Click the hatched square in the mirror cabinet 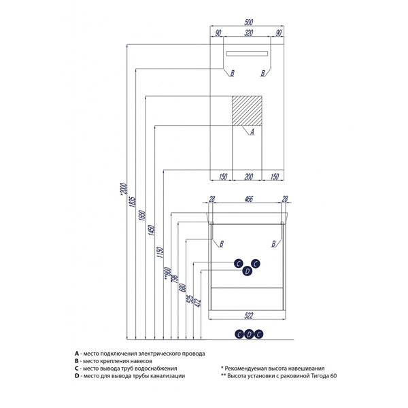(x=248, y=111)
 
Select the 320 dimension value (x=249, y=33)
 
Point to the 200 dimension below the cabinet (x=249, y=177)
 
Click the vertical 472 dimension (x=199, y=303)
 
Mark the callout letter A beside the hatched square (x=251, y=132)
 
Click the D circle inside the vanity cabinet (x=248, y=271)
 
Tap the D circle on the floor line (x=249, y=333)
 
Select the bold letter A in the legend (x=78, y=354)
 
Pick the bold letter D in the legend (x=78, y=376)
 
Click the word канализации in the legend (x=163, y=376)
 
